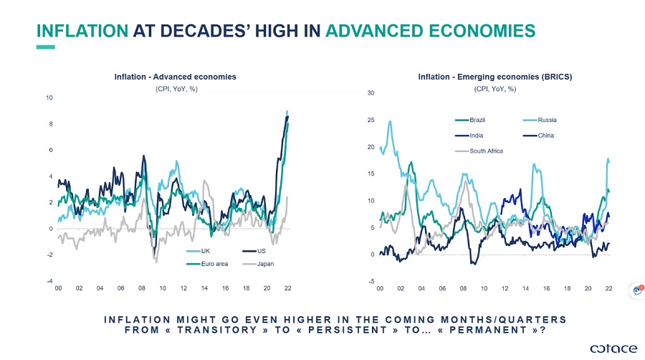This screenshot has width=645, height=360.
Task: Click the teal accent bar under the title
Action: click(45, 47)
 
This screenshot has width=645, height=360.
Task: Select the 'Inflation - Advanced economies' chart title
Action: click(175, 77)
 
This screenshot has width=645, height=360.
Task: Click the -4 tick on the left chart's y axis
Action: click(49, 281)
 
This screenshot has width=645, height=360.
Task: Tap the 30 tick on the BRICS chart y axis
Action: click(371, 93)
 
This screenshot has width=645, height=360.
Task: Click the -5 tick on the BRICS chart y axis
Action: click(371, 281)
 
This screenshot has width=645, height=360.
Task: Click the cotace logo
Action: click(613, 348)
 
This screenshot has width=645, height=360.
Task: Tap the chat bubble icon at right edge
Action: click(635, 290)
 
